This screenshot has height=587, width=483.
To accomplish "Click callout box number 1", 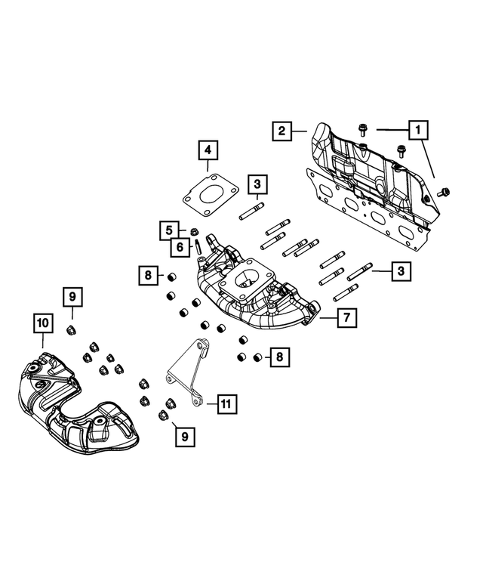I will point(417,130).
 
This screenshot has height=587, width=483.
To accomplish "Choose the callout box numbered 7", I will point(346,318).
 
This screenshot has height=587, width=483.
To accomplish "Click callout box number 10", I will point(42,323).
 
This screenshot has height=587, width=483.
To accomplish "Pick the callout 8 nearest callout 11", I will point(279,356).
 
